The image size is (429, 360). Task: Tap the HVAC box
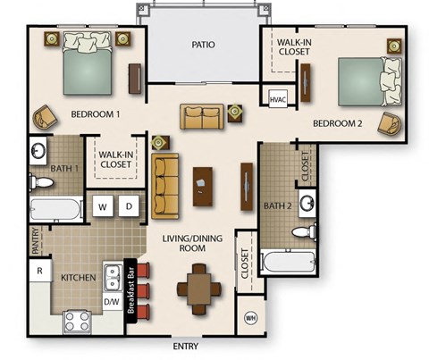(x=277, y=100)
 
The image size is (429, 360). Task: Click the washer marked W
(x=103, y=207)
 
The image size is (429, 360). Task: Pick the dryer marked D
(x=129, y=207)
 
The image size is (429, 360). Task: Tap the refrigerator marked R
(x=39, y=271)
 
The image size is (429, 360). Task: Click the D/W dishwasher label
(x=112, y=303)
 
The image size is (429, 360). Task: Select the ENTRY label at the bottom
(x=186, y=347)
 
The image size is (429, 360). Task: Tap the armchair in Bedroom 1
(x=44, y=117)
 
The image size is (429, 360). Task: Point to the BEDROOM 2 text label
(x=337, y=124)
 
